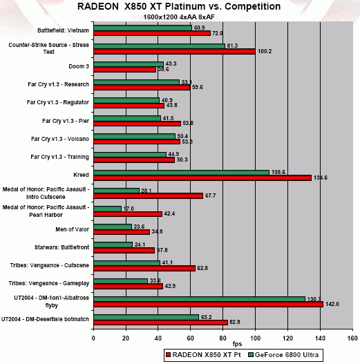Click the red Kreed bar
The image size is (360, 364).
click(x=202, y=178)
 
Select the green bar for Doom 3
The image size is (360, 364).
click(x=129, y=64)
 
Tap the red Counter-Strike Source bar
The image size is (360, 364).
click(x=174, y=51)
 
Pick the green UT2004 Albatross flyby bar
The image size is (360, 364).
click(x=200, y=299)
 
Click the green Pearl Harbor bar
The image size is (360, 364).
click(x=108, y=209)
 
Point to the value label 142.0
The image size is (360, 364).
click(x=332, y=304)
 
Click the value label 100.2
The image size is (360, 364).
click(x=265, y=51)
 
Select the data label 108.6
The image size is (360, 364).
click(x=278, y=172)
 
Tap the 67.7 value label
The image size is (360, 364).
click(x=210, y=195)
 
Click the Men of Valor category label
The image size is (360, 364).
click(x=73, y=229)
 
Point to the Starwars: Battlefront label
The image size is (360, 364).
click(x=61, y=247)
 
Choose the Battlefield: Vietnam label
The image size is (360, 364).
click(x=63, y=30)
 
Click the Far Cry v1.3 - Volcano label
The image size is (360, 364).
click(x=60, y=139)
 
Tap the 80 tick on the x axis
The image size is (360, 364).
click(x=222, y=338)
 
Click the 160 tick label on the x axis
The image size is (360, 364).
click(x=352, y=338)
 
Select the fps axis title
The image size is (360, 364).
click(x=237, y=344)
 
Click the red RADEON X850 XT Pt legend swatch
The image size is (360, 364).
click(x=168, y=355)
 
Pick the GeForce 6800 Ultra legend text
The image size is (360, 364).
click(x=287, y=355)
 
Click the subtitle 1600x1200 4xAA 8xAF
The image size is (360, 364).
click(x=179, y=17)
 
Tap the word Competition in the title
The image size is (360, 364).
click(x=253, y=6)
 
